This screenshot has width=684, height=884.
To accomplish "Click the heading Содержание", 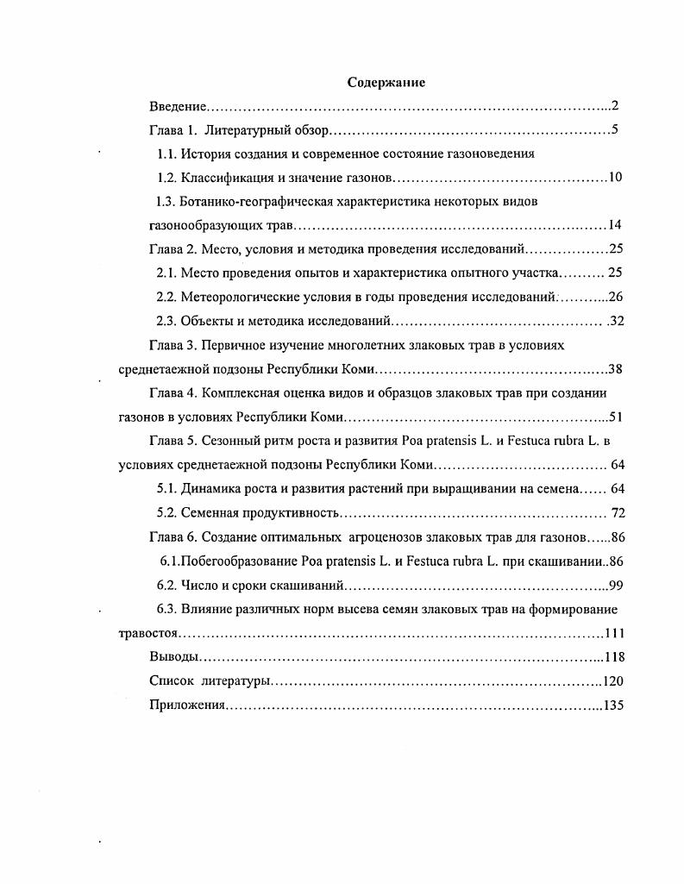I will pyautogui.click(x=386, y=83).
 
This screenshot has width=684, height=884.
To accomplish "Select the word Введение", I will pyautogui.click(x=177, y=107).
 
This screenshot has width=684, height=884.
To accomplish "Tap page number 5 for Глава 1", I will pyautogui.click(x=616, y=131).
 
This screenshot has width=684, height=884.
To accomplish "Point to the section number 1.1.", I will pyautogui.click(x=166, y=154).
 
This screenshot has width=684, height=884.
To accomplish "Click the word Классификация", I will pyautogui.click(x=223, y=179).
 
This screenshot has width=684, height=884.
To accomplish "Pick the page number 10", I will pyautogui.click(x=615, y=179).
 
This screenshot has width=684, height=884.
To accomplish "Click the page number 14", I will pyautogui.click(x=615, y=226).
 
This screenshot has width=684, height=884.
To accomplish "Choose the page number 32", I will pyautogui.click(x=615, y=322).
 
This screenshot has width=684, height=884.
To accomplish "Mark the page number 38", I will pyautogui.click(x=615, y=369).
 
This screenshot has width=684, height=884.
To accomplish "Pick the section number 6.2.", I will pyautogui.click(x=166, y=585).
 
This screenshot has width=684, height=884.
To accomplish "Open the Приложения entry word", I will pyautogui.click(x=187, y=705).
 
